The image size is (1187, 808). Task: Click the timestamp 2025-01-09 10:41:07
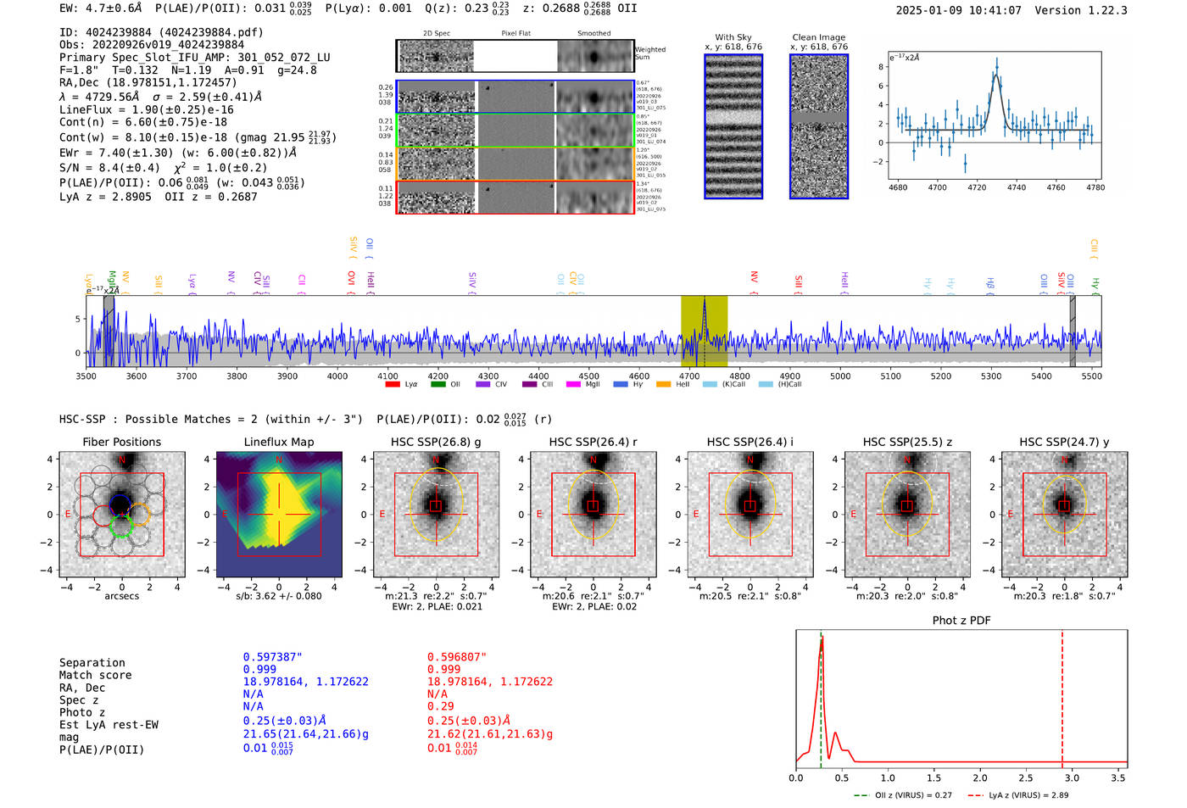(x=958, y=11)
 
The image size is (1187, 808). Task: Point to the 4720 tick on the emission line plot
(x=977, y=187)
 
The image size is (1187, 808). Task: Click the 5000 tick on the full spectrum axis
(x=840, y=376)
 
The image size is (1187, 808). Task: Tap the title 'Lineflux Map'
(x=278, y=442)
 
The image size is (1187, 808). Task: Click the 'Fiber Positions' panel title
(x=121, y=442)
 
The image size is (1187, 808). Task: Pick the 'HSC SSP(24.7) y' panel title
(x=1064, y=442)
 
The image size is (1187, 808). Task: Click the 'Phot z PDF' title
(x=961, y=621)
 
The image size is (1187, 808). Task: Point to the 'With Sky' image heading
(x=733, y=37)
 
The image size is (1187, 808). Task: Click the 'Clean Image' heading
(x=818, y=37)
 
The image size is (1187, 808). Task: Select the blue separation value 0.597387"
(x=272, y=657)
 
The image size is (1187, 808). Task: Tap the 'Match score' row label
(x=95, y=676)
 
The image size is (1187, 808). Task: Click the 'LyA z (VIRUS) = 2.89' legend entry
(x=1022, y=795)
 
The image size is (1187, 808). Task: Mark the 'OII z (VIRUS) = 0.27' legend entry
(x=909, y=795)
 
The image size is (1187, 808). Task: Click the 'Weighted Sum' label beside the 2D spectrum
(x=649, y=53)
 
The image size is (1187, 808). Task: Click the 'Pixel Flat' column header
(x=515, y=34)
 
